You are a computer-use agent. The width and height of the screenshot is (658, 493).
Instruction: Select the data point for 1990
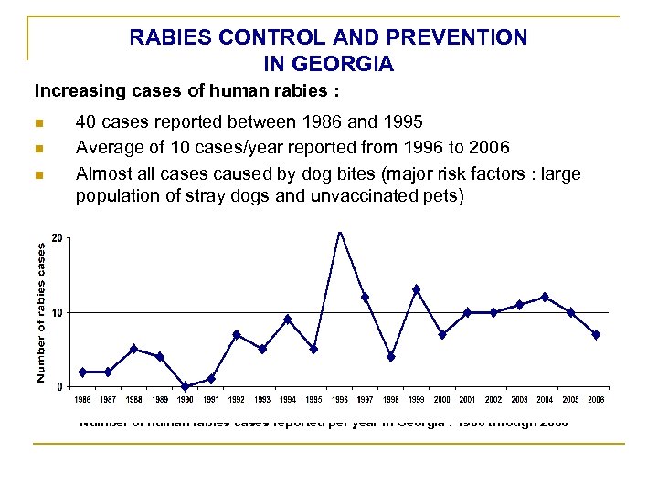(x=186, y=386)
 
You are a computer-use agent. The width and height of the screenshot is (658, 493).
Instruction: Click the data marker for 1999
(x=416, y=289)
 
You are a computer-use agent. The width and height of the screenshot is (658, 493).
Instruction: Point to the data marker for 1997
(x=365, y=297)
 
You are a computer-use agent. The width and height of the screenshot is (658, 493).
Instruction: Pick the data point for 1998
(x=390, y=357)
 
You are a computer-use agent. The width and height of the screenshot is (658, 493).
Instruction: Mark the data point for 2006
(x=596, y=334)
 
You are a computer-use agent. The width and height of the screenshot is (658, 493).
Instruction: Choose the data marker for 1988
(x=133, y=349)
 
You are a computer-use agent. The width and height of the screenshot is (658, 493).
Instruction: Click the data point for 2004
(x=545, y=297)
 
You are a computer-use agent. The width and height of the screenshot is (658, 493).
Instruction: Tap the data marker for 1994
(x=288, y=320)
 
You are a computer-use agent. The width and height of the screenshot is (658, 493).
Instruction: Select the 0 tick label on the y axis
(x=59, y=386)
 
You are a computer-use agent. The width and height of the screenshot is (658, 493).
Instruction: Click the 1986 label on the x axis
(x=82, y=400)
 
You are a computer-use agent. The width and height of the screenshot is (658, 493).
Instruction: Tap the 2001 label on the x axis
(x=468, y=400)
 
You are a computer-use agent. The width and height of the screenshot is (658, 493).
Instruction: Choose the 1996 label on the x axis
(x=339, y=400)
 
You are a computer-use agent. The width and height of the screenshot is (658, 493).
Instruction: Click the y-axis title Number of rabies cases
(x=41, y=310)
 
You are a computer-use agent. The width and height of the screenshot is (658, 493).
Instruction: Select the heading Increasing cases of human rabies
(x=167, y=91)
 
